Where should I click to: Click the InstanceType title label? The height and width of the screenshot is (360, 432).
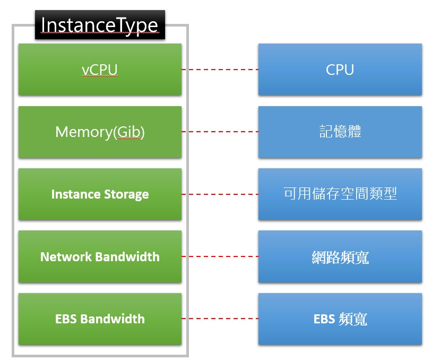tap(100, 26)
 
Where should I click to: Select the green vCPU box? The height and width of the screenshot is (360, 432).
tap(100, 70)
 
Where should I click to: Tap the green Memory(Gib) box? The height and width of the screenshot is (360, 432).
tap(100, 132)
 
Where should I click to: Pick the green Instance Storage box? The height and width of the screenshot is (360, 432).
tap(100, 194)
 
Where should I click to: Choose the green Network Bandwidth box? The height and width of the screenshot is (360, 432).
tap(100, 256)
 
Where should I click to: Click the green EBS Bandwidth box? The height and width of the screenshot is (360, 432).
tap(100, 319)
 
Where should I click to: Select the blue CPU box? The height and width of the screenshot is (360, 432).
tap(340, 70)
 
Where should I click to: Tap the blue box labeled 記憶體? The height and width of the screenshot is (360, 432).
tap(340, 132)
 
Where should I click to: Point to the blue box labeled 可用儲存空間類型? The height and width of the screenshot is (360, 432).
tap(340, 194)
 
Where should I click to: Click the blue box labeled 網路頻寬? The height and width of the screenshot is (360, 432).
tap(340, 256)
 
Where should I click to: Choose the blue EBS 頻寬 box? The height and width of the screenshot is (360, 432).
tap(340, 319)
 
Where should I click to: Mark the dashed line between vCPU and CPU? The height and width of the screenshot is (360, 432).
tap(220, 70)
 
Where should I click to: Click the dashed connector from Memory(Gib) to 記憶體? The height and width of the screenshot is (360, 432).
tap(220, 132)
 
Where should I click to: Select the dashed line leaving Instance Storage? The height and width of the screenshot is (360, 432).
tap(220, 194)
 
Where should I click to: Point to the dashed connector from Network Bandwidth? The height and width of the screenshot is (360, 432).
tap(220, 256)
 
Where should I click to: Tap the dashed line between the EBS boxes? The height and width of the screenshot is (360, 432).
tap(220, 319)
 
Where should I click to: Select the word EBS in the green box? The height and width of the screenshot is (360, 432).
tap(66, 319)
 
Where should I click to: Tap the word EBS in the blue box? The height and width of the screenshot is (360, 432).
tap(324, 319)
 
